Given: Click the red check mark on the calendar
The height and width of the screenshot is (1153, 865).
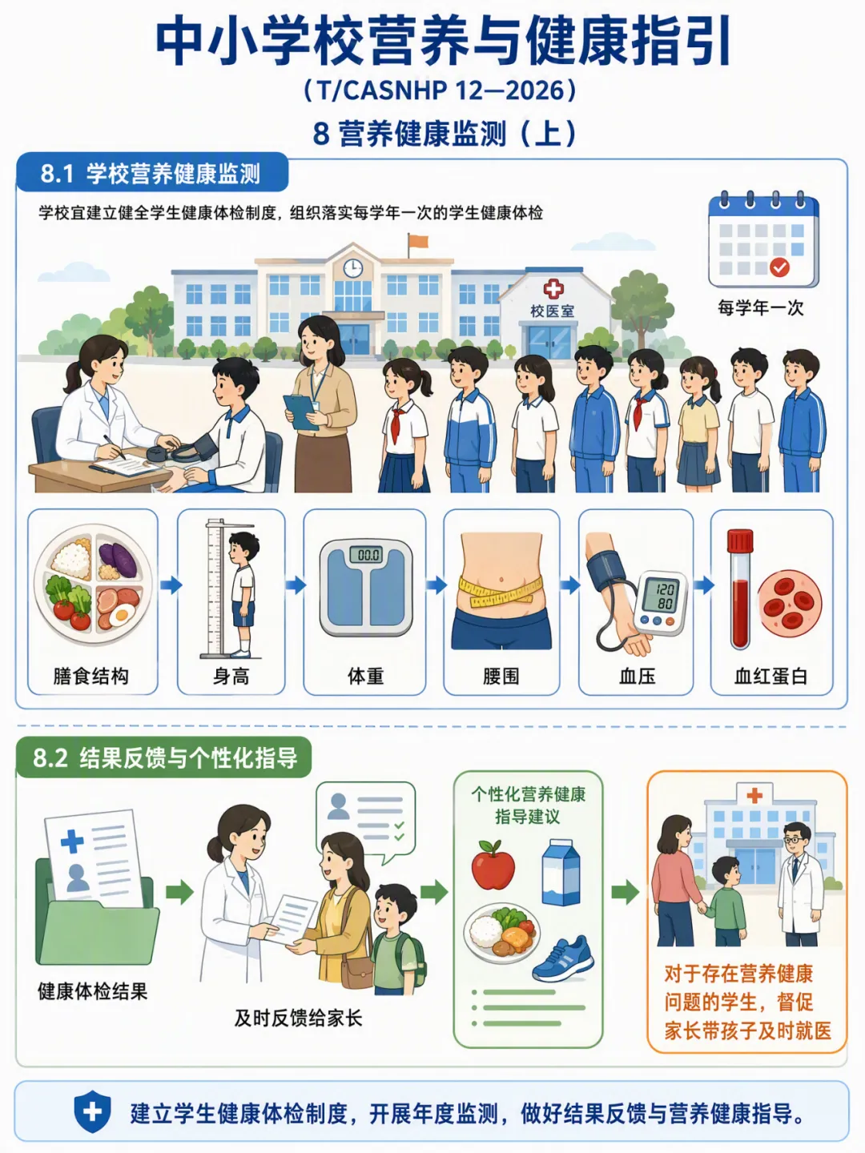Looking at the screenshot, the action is (779, 267).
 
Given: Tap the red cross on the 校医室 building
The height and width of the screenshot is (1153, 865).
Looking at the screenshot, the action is (553, 289).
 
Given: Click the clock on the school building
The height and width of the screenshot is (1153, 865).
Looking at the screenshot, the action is (353, 268).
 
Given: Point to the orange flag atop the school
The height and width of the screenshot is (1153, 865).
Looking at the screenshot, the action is (418, 241).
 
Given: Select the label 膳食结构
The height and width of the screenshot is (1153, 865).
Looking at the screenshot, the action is (91, 676).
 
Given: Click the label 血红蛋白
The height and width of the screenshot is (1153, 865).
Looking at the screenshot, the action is (770, 677).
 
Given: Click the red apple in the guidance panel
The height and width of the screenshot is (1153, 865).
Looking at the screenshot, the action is (493, 865).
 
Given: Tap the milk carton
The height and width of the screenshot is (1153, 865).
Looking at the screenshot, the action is (561, 872).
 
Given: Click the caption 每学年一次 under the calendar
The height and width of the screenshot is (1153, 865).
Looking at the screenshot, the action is (761, 307).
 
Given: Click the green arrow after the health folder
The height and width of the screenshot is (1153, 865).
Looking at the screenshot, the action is (179, 891).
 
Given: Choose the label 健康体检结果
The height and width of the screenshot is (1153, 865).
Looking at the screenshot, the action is (92, 991).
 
